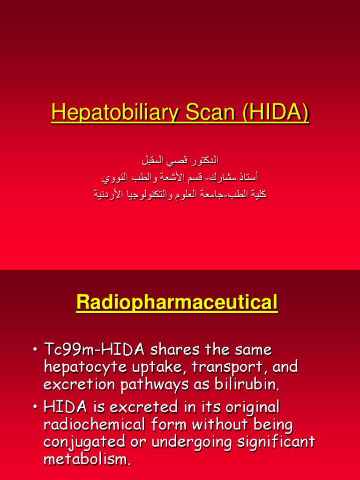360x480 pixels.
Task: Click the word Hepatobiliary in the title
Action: point(107,113)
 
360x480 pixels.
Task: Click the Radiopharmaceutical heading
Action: point(177,303)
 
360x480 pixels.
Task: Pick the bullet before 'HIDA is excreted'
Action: point(35,407)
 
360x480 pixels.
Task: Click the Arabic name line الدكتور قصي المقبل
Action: point(180,161)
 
